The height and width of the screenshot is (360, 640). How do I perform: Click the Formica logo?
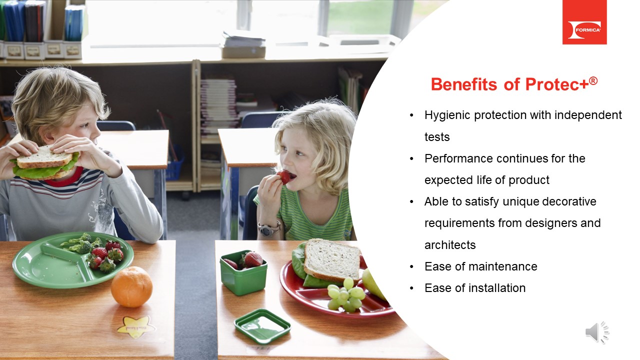(584, 22)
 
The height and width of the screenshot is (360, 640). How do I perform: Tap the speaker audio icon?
(596, 332)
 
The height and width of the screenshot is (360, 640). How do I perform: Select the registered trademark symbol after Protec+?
(593, 80)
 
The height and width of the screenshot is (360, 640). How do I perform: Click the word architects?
(449, 245)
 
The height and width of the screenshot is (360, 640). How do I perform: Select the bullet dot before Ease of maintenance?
(411, 266)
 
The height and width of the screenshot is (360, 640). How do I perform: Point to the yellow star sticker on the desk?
(136, 325)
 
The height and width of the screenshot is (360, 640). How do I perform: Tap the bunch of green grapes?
(345, 294)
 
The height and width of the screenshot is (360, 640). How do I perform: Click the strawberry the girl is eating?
(284, 177)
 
